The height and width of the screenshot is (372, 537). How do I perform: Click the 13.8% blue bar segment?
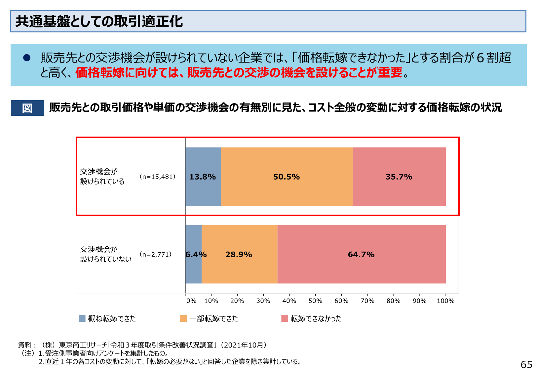203,177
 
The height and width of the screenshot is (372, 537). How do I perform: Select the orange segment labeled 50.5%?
287,177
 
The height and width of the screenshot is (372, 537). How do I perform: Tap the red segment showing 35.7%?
399,177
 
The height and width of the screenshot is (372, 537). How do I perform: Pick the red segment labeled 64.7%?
361,254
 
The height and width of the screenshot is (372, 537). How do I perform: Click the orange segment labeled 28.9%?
239,254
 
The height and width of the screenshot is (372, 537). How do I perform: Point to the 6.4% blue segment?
193,254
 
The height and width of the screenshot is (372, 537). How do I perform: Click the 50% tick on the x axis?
315,301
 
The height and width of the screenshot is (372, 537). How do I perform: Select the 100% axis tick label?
445,301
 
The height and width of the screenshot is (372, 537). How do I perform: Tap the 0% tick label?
191,301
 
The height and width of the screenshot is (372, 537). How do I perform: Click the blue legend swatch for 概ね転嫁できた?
82,318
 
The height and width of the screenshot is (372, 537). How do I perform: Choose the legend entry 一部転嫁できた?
213,318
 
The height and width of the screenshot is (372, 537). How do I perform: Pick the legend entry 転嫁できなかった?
316,318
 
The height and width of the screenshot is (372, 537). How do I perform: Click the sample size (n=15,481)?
158,177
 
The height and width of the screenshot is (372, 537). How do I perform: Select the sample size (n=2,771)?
156,254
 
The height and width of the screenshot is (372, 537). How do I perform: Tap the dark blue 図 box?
27,108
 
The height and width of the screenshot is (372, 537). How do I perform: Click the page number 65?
526,364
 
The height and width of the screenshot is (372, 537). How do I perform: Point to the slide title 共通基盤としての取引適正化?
99,21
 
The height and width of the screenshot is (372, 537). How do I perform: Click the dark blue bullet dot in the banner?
27,58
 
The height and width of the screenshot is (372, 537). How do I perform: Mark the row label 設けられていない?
106,259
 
